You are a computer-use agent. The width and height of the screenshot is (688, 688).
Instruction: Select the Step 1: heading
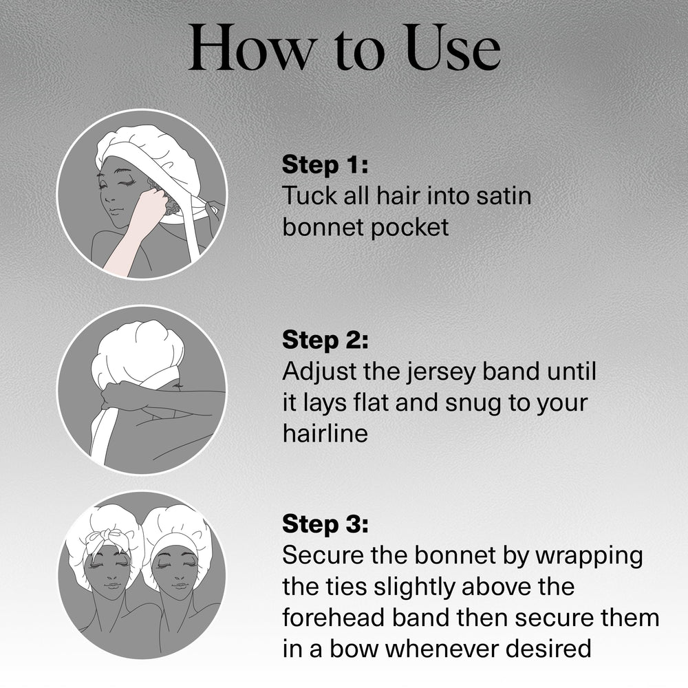(x=325, y=164)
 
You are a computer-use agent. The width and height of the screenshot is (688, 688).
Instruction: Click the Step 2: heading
(x=325, y=340)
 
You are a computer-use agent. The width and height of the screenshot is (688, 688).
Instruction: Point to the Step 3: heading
(x=325, y=524)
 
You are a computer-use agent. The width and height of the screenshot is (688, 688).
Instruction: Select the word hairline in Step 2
(x=325, y=433)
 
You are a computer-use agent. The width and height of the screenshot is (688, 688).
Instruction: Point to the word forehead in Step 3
(x=333, y=617)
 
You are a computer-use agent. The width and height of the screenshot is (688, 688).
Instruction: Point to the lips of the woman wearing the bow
(x=112, y=585)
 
